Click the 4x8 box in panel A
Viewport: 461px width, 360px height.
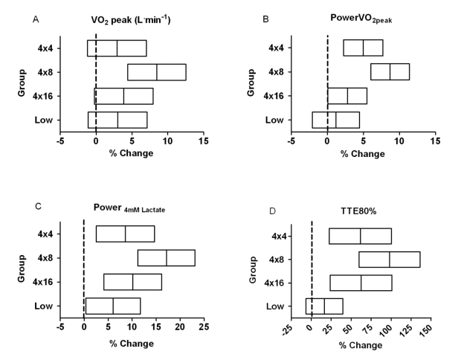157,72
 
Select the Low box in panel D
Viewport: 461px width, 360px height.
324,306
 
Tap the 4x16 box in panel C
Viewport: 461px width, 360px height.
132,282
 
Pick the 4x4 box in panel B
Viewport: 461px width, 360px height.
363,48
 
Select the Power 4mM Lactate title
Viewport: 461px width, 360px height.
129,210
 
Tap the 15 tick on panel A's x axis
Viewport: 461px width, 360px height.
203,140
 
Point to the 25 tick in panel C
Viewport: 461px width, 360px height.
204,326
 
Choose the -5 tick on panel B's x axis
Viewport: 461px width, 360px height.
291,140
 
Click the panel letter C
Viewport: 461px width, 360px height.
37,211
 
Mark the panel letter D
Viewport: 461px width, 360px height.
272,211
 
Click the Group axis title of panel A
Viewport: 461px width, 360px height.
24,84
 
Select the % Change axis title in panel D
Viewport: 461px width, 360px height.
363,346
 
